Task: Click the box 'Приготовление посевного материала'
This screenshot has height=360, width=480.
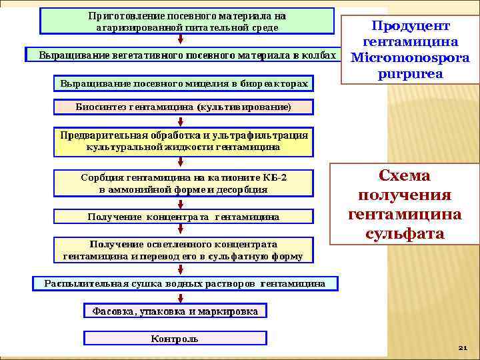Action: coord(187,21)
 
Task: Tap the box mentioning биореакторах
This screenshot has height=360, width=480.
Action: coord(184,83)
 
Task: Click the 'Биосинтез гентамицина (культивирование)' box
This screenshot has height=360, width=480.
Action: coord(183,107)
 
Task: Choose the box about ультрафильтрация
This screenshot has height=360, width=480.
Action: coord(183,141)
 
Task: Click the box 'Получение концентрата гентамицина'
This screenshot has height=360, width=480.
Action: coord(183,217)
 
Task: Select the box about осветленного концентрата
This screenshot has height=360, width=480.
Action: coord(183,250)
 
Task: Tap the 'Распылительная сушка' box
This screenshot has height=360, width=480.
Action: coord(185,284)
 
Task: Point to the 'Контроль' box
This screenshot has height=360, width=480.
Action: coord(175,339)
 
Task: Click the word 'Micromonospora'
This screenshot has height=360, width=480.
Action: coord(410,58)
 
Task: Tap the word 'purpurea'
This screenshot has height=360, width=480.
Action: coord(410,73)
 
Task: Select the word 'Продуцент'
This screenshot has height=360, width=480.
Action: coord(410,26)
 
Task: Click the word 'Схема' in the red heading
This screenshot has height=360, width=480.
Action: coord(405,176)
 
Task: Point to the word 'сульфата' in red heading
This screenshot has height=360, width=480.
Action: coord(405,234)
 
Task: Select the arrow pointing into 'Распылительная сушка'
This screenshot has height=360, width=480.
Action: coord(181,270)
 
